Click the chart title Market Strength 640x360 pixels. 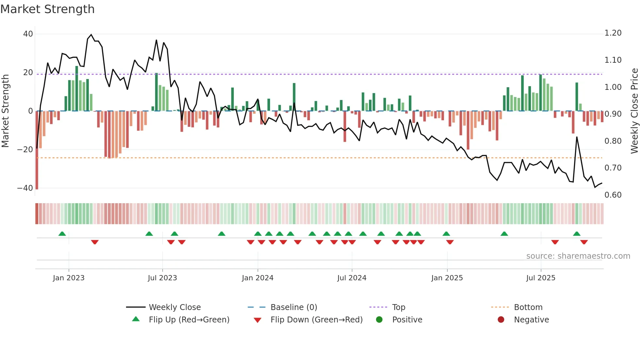[47, 9]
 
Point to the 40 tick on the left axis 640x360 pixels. [28, 34]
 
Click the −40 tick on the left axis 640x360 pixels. [25, 188]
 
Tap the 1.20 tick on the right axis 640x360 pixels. [613, 33]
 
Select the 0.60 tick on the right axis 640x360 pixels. [613, 195]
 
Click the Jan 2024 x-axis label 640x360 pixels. [258, 278]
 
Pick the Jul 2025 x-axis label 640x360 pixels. [541, 278]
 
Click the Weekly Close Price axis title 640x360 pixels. [634, 111]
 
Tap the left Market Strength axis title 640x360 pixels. [6, 111]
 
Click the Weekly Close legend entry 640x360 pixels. [175, 307]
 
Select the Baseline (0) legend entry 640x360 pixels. [294, 307]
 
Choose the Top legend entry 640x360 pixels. [399, 307]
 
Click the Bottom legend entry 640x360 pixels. [528, 307]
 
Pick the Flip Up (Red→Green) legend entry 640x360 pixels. [189, 320]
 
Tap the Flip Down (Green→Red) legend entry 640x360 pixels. [316, 320]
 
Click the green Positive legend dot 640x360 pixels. [379, 319]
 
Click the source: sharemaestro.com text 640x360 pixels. [578, 256]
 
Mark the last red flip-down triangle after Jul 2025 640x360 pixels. [584, 242]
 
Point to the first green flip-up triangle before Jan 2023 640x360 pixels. [62, 234]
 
